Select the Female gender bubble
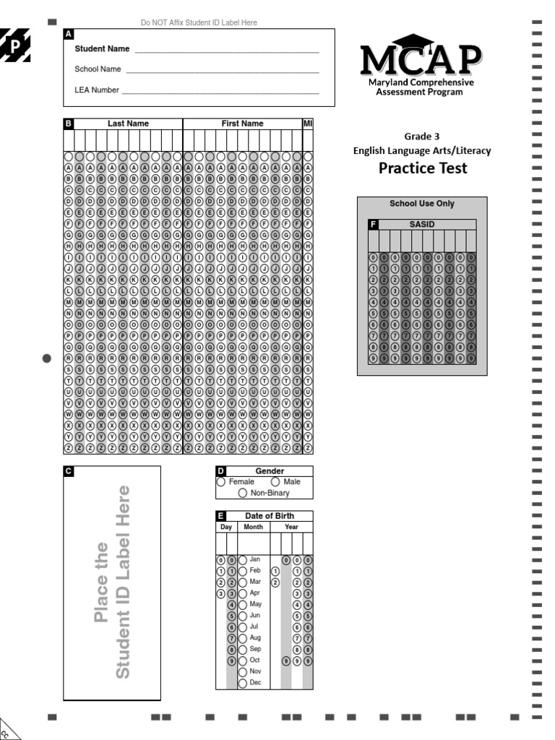[x=220, y=482]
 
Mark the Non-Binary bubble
[x=244, y=493]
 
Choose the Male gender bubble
[x=275, y=482]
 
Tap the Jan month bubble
[x=243, y=559]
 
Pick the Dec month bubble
[x=243, y=682]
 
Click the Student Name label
[x=102, y=49]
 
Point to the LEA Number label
[x=97, y=90]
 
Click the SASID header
[x=421, y=225]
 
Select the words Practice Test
[x=423, y=168]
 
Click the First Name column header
[x=242, y=124]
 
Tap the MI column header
[x=307, y=124]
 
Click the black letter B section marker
[x=69, y=124]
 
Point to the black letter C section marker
[x=69, y=471]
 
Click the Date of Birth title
[x=269, y=515]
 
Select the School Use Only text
[x=422, y=204]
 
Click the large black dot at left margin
[x=48, y=358]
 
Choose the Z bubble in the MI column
[x=308, y=448]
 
